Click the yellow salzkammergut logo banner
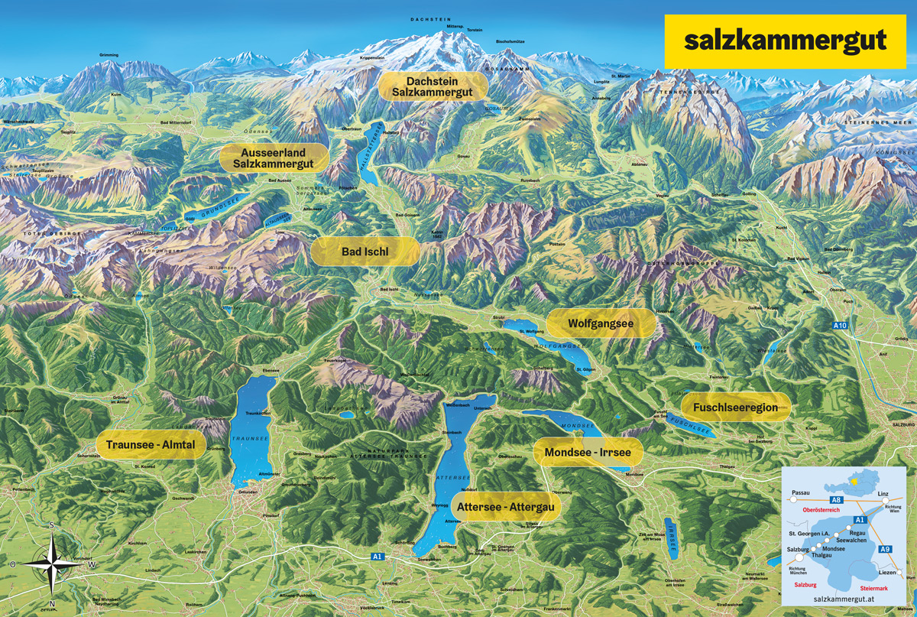[785, 41]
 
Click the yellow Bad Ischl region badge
[365, 251]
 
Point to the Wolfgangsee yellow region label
[601, 323]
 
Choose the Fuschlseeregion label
[735, 408]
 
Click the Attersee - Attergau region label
[507, 506]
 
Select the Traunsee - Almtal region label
[151, 444]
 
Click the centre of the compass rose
[51, 563]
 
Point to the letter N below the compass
[51, 605]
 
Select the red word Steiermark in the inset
[876, 587]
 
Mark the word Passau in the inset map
[800, 493]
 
